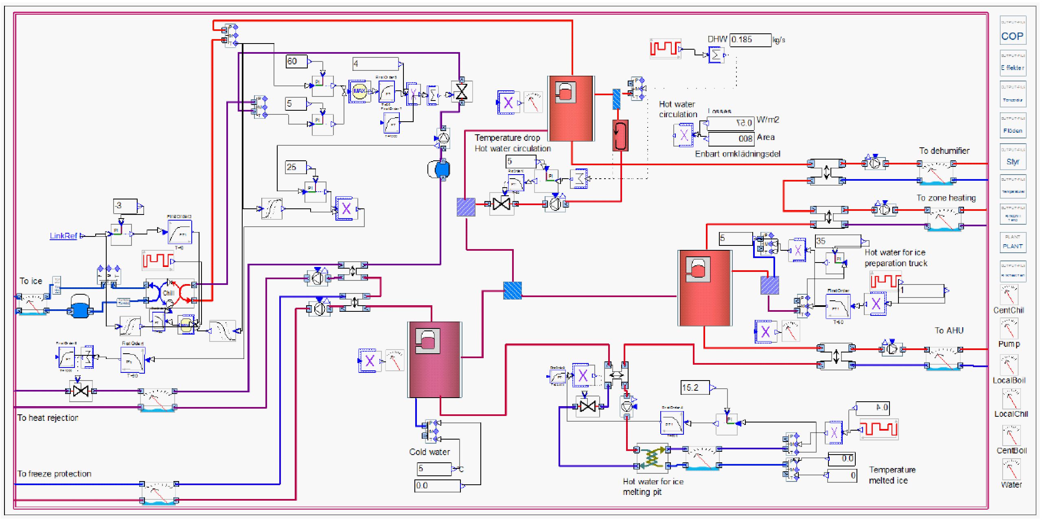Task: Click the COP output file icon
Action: pyautogui.click(x=1012, y=31)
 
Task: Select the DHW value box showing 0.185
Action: pyautogui.click(x=750, y=40)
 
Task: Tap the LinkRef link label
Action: pyautogui.click(x=64, y=236)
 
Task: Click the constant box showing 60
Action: pyautogui.click(x=296, y=61)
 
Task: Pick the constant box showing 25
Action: pyautogui.click(x=296, y=167)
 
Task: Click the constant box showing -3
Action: pyautogui.click(x=125, y=206)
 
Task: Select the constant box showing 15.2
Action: pyautogui.click(x=694, y=387)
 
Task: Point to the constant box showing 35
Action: pyautogui.click(x=837, y=241)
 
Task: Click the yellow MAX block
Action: pyautogui.click(x=359, y=91)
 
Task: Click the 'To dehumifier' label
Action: pyautogui.click(x=944, y=151)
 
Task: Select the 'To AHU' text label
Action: pyautogui.click(x=949, y=330)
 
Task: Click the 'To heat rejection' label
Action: pyautogui.click(x=48, y=418)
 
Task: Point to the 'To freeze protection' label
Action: pyautogui.click(x=54, y=474)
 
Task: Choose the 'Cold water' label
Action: pyautogui.click(x=429, y=452)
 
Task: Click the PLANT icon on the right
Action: pyautogui.click(x=1012, y=243)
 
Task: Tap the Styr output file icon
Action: pyautogui.click(x=1012, y=157)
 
